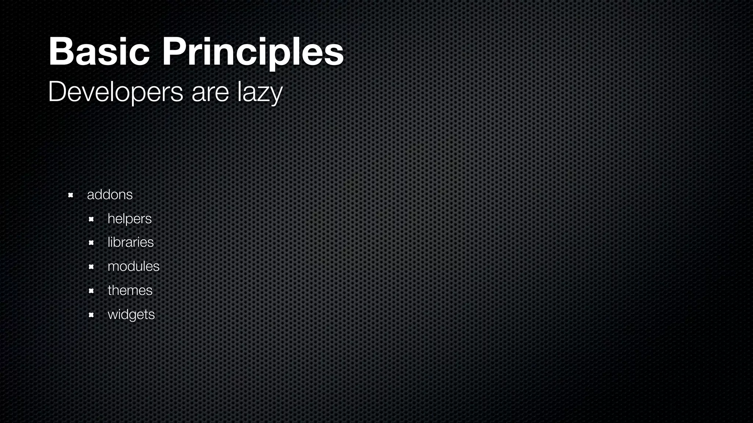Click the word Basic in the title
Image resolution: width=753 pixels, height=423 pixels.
point(99,52)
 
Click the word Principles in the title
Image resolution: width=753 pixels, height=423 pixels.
point(253,52)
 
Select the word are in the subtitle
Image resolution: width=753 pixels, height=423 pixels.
point(210,93)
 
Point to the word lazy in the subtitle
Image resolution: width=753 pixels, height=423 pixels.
point(260,93)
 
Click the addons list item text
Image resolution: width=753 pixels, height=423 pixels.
point(110,195)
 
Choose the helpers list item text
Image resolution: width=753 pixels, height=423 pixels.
point(129,219)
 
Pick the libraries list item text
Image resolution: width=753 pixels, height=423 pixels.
point(131,242)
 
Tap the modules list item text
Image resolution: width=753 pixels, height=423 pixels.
point(133,266)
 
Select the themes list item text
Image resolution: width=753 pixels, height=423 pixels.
point(130,290)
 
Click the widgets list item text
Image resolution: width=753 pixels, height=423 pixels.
point(131,315)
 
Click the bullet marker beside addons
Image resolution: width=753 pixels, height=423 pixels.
point(71,195)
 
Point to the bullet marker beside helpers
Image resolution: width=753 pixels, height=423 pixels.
point(91,219)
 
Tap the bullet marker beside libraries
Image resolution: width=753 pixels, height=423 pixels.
point(91,243)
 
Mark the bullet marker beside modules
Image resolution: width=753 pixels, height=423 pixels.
point(91,267)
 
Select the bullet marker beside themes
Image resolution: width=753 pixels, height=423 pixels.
point(91,291)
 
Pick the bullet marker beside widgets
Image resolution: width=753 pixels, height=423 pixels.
point(91,315)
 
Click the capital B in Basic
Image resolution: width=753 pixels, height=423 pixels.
point(61,52)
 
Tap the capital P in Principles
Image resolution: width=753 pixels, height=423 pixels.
point(174,52)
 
